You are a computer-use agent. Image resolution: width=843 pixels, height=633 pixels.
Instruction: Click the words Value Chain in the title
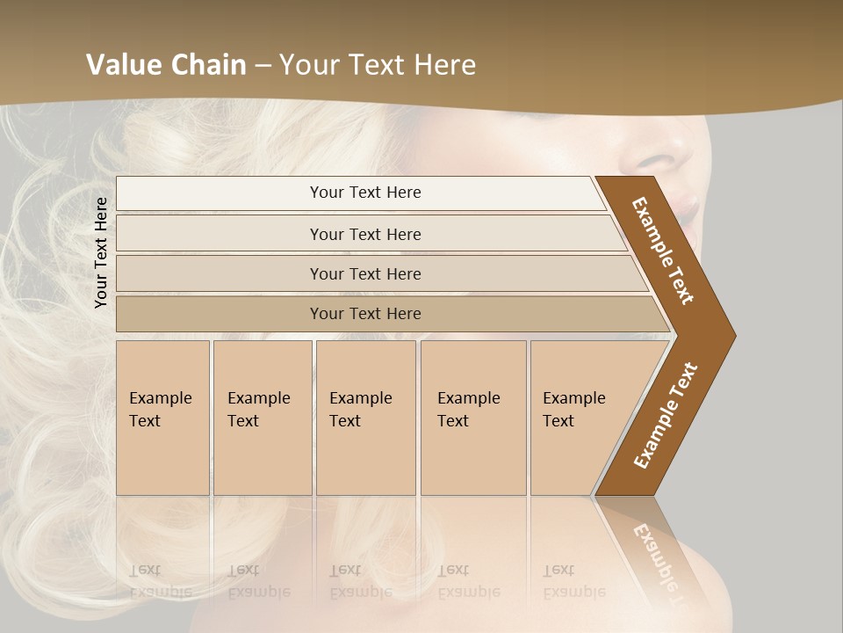(166, 64)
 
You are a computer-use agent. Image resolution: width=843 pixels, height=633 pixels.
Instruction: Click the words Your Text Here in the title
(378, 64)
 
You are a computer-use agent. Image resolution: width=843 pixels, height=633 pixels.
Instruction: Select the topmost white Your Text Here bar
(365, 193)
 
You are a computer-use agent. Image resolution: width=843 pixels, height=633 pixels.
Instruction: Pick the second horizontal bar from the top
(365, 234)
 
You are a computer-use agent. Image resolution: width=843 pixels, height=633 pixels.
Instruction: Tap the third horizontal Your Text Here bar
(365, 273)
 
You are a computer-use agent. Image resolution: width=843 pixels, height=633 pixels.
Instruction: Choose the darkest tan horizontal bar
(365, 314)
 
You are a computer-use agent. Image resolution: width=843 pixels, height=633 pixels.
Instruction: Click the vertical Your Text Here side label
(101, 252)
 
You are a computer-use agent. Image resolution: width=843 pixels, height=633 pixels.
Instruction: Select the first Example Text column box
(162, 418)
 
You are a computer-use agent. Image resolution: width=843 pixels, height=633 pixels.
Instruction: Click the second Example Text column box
(262, 418)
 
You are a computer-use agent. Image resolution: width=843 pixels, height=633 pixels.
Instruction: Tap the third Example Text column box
(365, 418)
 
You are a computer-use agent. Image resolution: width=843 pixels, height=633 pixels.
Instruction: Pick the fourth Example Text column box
(472, 418)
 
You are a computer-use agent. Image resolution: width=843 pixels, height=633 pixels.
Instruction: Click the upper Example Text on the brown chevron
(664, 251)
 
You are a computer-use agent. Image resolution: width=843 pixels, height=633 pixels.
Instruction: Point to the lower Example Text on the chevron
(666, 416)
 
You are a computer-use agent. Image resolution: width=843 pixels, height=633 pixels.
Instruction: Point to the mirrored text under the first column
(161, 581)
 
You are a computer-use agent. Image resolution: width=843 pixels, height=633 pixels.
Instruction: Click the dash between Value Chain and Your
(262, 65)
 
